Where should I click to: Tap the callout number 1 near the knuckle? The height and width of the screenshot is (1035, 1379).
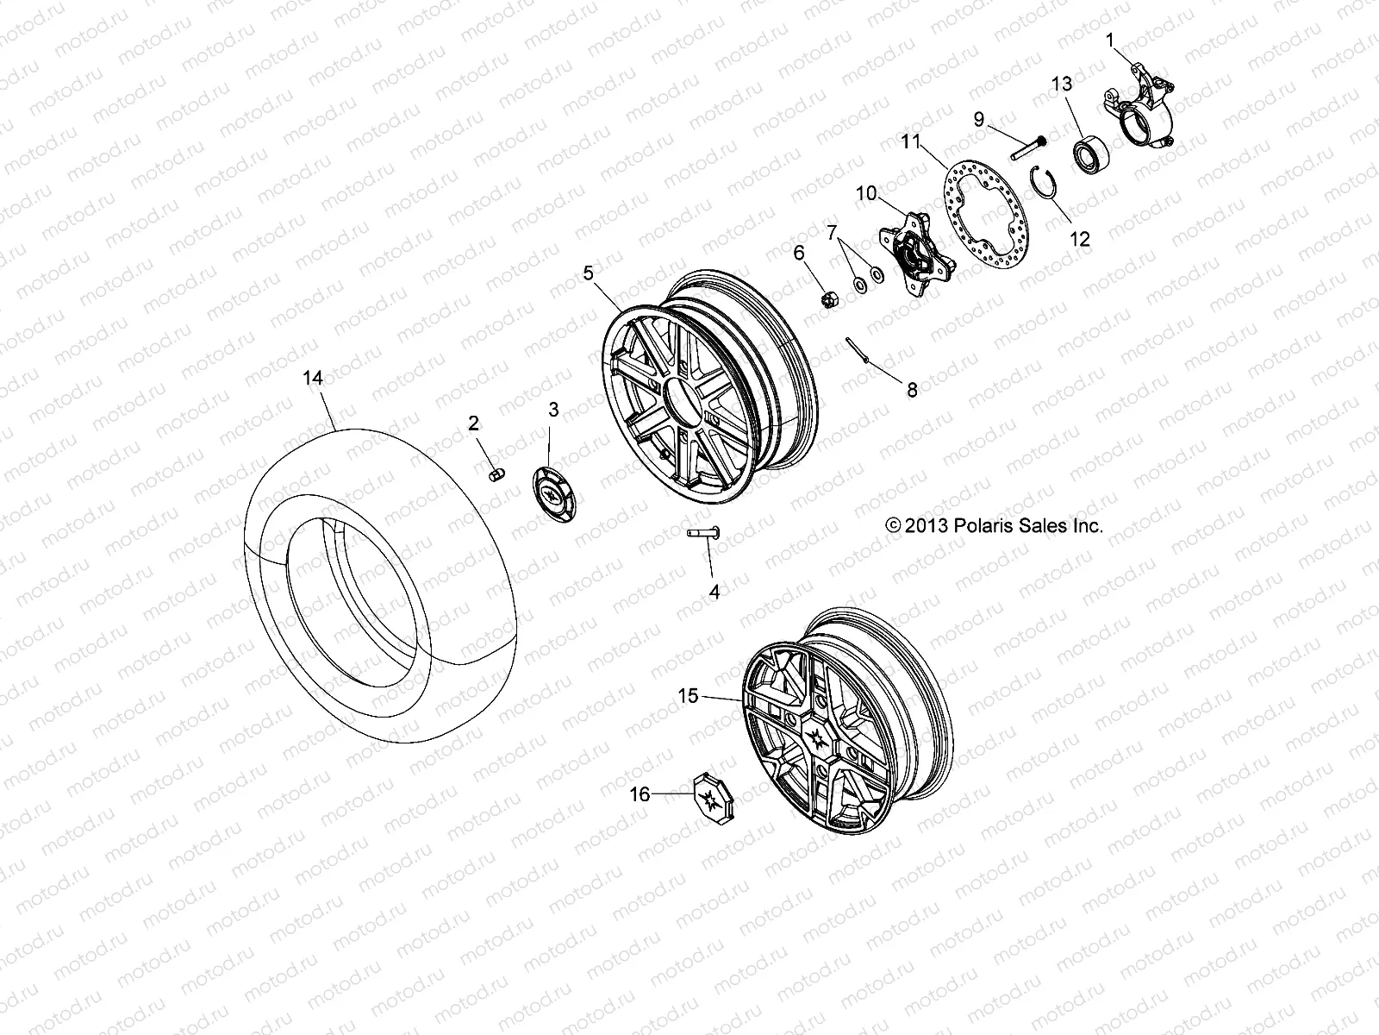tap(1111, 40)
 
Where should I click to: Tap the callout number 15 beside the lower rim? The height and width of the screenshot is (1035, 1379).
tap(688, 696)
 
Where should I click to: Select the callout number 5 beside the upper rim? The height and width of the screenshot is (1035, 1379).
tap(588, 273)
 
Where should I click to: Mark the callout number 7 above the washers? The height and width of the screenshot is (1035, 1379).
tap(832, 232)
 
